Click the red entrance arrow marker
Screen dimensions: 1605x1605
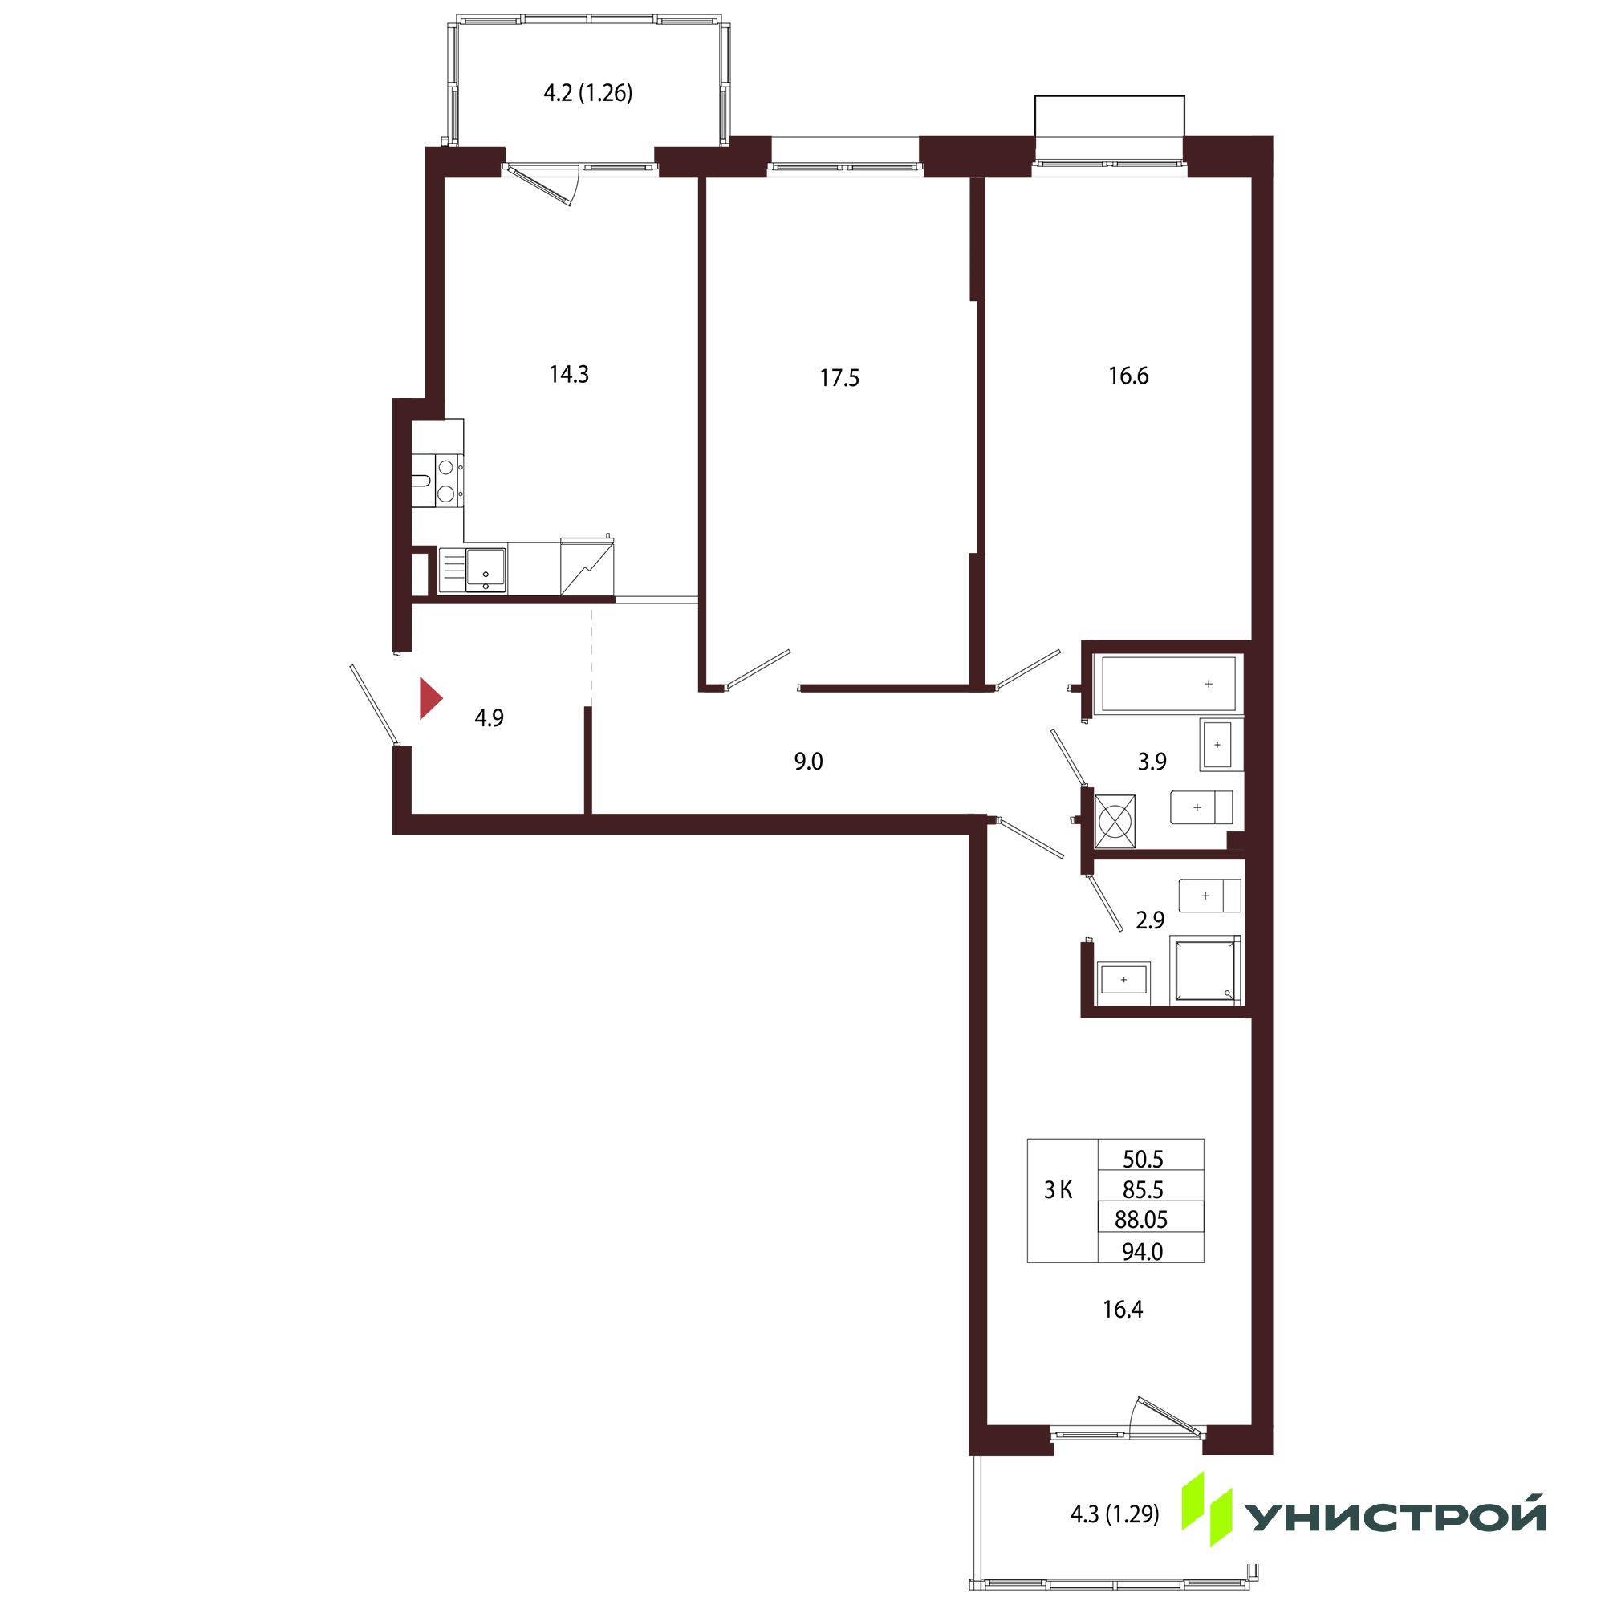[x=429, y=699]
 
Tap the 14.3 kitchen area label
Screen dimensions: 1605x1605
[x=569, y=375]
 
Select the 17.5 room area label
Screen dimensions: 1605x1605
[x=839, y=379]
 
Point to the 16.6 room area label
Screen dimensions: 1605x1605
[x=1128, y=376]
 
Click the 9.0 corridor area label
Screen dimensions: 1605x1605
[x=808, y=761]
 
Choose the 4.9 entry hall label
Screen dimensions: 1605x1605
[x=490, y=717]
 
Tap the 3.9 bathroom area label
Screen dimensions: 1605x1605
[x=1152, y=761]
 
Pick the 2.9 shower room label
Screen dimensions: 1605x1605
[x=1150, y=920]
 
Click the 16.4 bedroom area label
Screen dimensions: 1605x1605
[x=1123, y=1310]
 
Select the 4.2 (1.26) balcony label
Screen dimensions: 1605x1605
[x=588, y=93]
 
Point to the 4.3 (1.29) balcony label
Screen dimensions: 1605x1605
[x=1115, y=1514]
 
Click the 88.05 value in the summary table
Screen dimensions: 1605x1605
[x=1141, y=1220]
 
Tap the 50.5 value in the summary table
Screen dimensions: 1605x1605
[x=1143, y=1159]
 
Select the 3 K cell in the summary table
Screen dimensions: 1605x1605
[x=1058, y=1190]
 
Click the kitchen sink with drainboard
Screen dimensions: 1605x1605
[x=472, y=570]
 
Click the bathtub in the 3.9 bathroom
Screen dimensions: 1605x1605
[x=1168, y=684]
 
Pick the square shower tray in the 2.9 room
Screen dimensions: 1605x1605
[x=1205, y=969]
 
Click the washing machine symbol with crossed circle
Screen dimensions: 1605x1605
[x=1115, y=822]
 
